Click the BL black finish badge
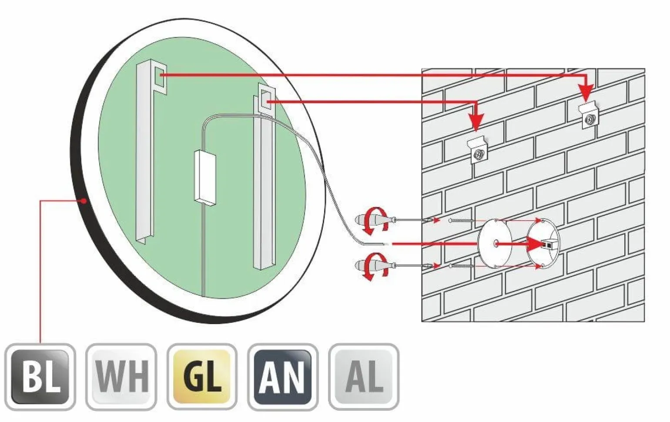[x=40, y=376]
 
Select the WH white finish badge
[x=121, y=376]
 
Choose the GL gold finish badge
[x=202, y=376]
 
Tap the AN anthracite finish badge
[x=283, y=376]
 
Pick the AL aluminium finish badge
[x=364, y=376]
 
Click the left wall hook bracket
[x=478, y=150]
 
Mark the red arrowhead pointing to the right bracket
[x=586, y=93]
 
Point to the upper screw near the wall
[x=461, y=221]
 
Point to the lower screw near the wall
[x=461, y=265]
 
